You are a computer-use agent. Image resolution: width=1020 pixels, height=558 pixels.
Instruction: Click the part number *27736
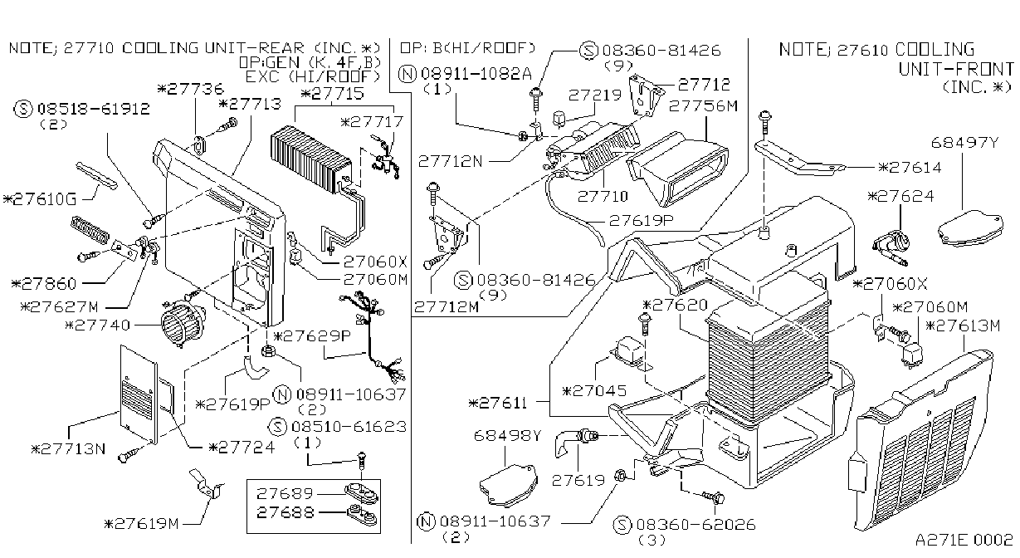(x=190, y=88)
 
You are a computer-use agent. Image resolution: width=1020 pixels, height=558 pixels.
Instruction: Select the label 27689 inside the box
(x=285, y=493)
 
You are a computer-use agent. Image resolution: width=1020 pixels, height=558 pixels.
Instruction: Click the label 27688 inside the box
(x=285, y=512)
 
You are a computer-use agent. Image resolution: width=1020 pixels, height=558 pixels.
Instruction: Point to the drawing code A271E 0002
(x=964, y=540)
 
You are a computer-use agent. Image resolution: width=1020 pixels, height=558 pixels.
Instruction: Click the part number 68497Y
(x=964, y=143)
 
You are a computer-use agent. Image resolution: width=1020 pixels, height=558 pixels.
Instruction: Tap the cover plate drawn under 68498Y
(x=509, y=485)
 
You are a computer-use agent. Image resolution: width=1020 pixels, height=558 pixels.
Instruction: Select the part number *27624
(x=900, y=196)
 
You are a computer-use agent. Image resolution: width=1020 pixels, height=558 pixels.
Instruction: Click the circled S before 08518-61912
(x=23, y=109)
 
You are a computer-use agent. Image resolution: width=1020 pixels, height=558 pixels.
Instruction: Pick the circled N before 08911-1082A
(x=408, y=73)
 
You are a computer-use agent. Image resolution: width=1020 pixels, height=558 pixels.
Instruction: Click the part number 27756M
(x=703, y=105)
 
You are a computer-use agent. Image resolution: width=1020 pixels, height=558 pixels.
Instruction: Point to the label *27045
(x=594, y=391)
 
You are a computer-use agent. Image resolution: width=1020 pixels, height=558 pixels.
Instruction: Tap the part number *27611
(x=497, y=403)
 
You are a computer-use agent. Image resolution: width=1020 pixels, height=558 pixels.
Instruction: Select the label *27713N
(x=68, y=449)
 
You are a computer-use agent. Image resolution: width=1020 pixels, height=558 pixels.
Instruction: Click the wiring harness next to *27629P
(x=372, y=337)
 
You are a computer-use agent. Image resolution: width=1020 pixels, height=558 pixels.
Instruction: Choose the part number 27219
(x=595, y=95)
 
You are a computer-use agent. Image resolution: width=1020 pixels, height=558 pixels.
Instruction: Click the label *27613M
(x=963, y=325)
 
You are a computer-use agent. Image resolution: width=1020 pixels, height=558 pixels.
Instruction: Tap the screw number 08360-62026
(x=695, y=524)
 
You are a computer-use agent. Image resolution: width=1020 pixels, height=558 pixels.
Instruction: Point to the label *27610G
(x=40, y=199)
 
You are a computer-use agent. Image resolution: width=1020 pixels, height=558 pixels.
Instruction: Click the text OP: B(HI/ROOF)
(x=467, y=47)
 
